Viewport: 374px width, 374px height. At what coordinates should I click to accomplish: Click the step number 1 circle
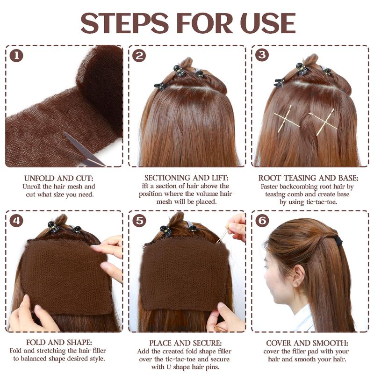pos(16,56)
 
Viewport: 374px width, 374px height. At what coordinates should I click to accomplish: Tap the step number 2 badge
pos(139,56)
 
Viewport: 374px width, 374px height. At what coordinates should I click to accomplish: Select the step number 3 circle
pos(262,55)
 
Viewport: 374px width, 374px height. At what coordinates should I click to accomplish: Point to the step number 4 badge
pos(16,220)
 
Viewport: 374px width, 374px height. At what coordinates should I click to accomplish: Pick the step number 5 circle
pos(139,220)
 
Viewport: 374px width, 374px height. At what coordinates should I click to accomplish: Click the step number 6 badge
pos(262,220)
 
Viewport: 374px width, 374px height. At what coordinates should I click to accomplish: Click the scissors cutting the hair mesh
pos(84,150)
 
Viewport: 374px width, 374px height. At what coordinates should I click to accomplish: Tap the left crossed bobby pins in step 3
pos(287,119)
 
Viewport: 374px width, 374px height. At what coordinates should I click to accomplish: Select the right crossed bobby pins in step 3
pos(324,122)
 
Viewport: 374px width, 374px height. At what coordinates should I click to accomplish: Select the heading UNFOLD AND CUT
pos(59,178)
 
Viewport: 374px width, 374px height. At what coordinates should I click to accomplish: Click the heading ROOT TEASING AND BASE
pos(308,178)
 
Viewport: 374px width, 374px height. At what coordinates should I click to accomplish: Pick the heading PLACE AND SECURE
pos(185,343)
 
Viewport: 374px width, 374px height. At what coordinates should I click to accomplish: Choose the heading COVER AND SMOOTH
pos(307,343)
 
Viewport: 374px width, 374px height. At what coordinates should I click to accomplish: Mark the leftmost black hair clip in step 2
pos(160,86)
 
